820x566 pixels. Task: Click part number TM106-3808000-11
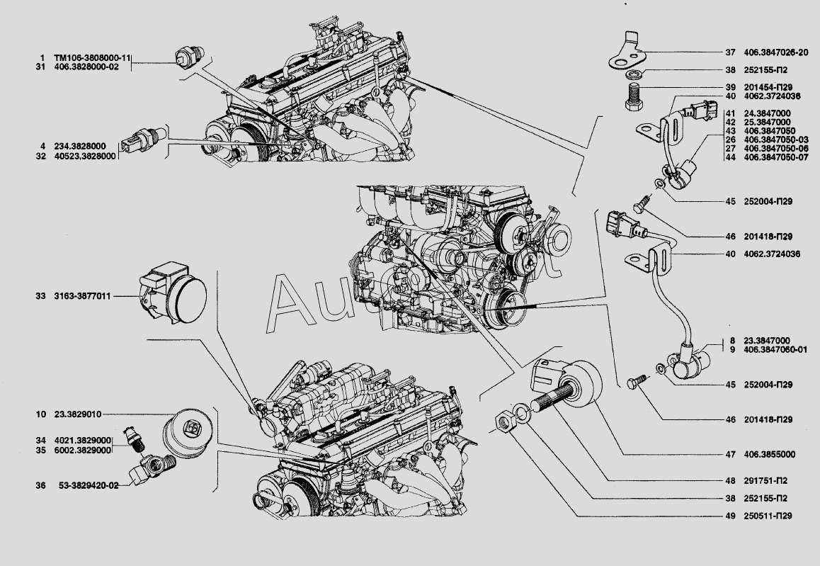92,57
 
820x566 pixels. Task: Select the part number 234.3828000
80,147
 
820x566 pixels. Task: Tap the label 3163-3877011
82,296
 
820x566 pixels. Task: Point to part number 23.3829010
77,414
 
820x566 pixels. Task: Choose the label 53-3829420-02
89,485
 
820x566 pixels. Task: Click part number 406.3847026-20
776,52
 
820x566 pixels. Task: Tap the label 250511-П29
768,516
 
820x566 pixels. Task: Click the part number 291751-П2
765,481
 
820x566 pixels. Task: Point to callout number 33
41,296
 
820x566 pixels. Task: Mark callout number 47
731,455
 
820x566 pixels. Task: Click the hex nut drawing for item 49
505,421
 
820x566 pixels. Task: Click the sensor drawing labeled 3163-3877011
173,295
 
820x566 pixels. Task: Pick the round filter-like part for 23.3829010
187,434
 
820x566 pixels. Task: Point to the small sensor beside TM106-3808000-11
190,57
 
